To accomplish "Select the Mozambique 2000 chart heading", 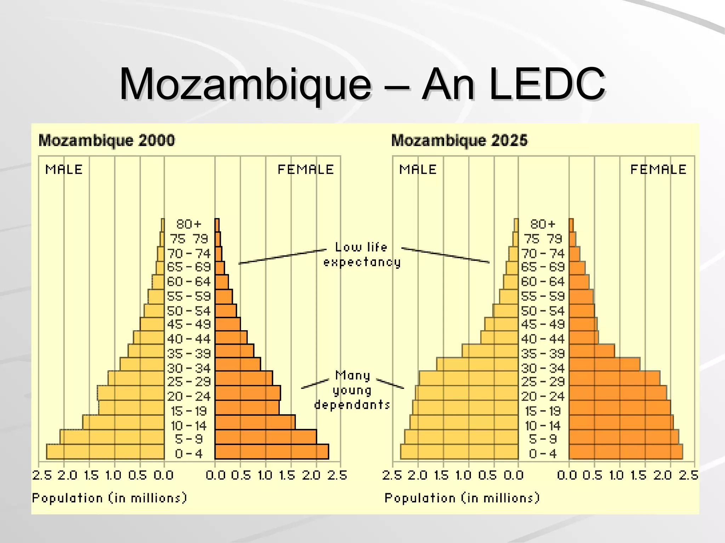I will [107, 140].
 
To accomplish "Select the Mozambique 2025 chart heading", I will [459, 140].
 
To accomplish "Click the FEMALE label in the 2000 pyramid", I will [306, 170].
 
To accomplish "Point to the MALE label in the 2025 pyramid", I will [418, 170].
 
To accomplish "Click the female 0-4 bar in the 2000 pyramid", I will [272, 452].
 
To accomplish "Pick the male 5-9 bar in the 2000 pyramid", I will [112, 437].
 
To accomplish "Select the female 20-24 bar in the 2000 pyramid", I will [248, 393].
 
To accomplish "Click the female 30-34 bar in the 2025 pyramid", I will [604, 364].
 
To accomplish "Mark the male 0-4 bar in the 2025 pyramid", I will [459, 452].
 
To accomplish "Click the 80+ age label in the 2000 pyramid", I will [189, 224].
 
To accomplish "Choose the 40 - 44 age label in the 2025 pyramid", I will [543, 339].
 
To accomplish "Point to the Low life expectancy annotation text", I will [361, 255].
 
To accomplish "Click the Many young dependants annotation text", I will [352, 390].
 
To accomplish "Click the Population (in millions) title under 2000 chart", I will [109, 498].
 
